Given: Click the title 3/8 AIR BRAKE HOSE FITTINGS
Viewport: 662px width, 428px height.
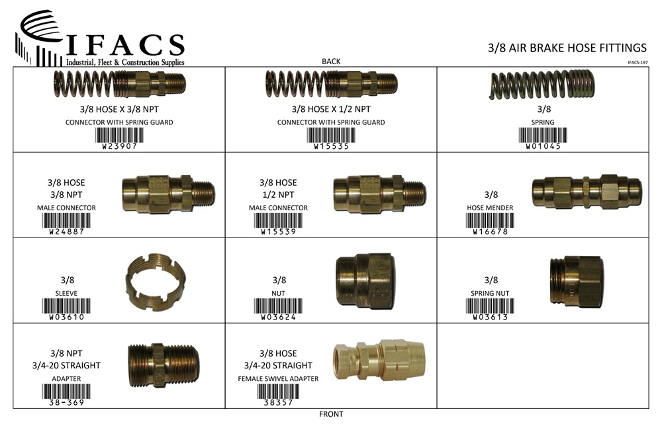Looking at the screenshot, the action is (567, 48).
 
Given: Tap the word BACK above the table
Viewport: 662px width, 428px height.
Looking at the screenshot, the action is (331, 62).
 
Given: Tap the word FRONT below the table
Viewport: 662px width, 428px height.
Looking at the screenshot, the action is (331, 414).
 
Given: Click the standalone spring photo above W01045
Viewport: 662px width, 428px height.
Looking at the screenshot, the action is (542, 85).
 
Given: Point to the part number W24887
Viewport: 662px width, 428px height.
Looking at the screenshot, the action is (67, 232).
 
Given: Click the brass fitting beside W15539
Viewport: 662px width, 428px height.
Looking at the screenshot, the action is (379, 194).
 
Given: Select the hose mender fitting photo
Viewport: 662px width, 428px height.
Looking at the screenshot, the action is (587, 192).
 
